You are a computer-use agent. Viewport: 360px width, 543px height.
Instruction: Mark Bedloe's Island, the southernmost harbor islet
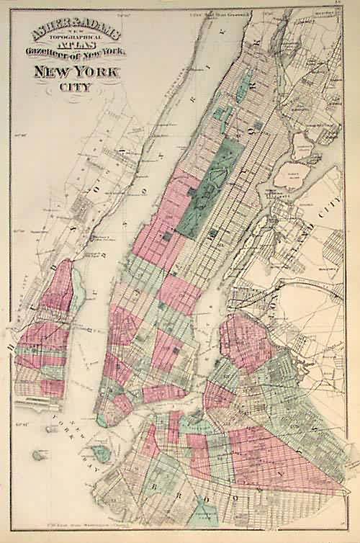tap(35, 455)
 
